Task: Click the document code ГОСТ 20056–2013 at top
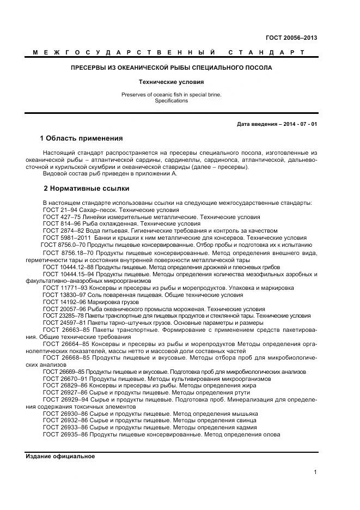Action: [x=291, y=38]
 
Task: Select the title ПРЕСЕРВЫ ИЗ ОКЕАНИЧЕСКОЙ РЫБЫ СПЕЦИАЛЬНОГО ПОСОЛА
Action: [x=172, y=68]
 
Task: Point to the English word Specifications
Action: [x=171, y=101]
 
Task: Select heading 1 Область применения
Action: [x=82, y=138]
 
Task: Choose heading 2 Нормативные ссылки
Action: [x=86, y=189]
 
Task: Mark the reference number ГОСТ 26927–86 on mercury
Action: [x=64, y=392]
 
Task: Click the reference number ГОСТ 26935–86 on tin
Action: [x=64, y=435]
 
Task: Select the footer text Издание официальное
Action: [x=60, y=456]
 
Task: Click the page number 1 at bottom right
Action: [x=315, y=472]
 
